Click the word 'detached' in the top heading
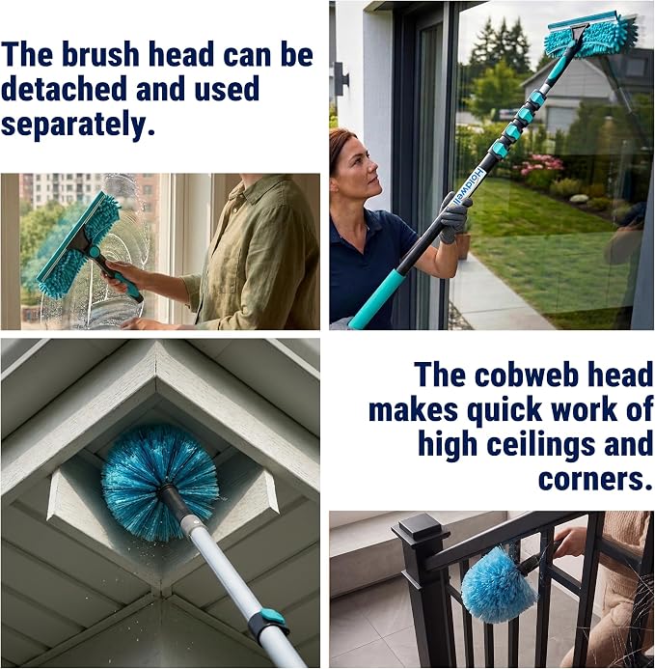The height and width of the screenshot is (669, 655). point(63,89)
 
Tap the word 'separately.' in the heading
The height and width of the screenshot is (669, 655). point(77,125)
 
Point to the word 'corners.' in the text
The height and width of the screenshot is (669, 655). point(595,479)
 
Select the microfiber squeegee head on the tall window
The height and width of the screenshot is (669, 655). point(590,35)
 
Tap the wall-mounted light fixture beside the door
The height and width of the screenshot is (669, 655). point(341,79)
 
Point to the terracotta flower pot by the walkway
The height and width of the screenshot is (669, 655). point(463,244)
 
